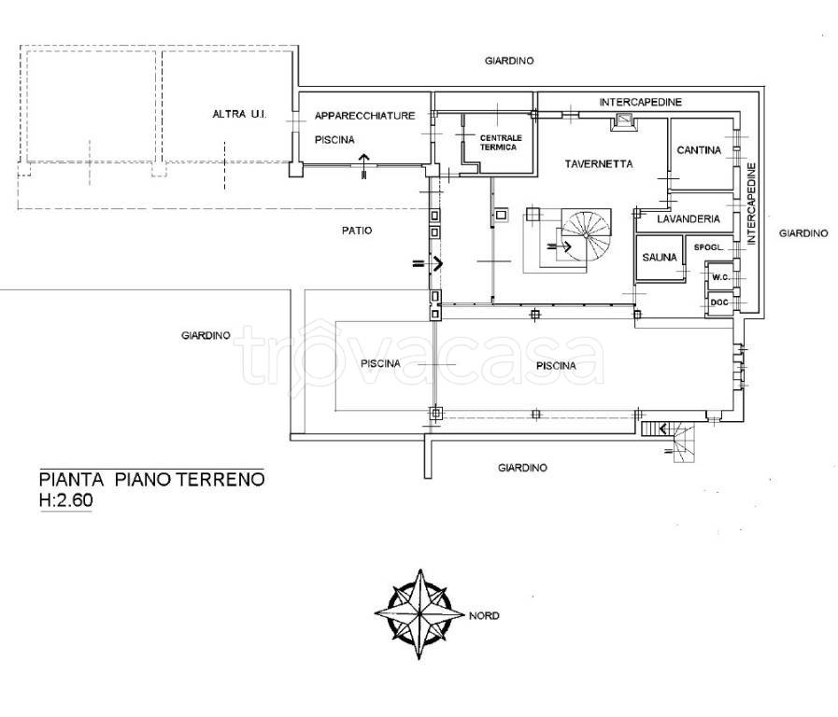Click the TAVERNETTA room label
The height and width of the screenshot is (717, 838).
coord(599,164)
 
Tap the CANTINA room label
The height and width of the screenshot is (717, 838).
coord(699,150)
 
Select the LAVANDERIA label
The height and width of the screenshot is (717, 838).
coord(689,218)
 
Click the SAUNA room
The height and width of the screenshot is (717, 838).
coord(660,258)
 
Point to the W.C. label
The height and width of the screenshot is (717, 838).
coord(720,277)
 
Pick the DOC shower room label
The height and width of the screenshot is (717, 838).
coord(719,302)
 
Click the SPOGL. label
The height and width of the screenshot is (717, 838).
coord(709,247)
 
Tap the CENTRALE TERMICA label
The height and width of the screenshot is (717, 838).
coord(501,143)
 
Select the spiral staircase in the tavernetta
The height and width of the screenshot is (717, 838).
coord(585,236)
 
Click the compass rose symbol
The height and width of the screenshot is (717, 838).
coord(420,614)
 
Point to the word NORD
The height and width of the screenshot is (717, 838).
coord(484,615)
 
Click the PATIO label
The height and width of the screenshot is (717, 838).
coord(357,231)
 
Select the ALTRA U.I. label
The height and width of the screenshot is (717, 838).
coord(239,114)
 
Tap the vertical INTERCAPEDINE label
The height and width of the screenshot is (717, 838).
coord(752,204)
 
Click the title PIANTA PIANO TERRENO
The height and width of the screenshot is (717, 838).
coord(151,479)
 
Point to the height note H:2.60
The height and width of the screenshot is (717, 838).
coord(65,500)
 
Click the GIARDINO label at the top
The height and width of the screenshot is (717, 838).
coord(509,61)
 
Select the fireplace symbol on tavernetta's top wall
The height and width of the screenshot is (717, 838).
coord(624,121)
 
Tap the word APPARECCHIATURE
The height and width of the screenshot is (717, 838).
coord(365,116)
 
